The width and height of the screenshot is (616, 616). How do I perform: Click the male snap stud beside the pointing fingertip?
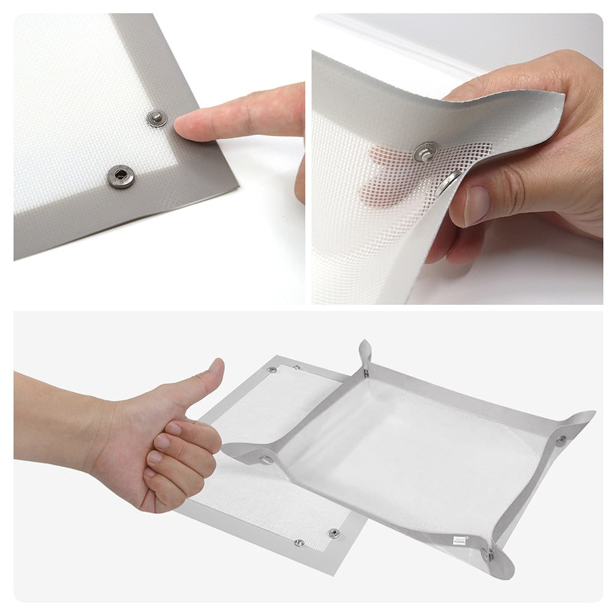click(157, 118)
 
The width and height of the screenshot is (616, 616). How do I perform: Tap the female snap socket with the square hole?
click(120, 176)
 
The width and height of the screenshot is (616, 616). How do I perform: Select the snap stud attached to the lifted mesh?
click(426, 151)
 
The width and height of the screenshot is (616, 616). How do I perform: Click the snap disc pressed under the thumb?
click(448, 183)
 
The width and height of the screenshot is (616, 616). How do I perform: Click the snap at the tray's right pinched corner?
click(560, 440)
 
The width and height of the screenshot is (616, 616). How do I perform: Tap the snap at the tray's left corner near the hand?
click(267, 459)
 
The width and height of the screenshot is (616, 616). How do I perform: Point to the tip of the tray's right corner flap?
click(593, 413)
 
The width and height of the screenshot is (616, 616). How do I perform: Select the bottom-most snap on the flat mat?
click(299, 542)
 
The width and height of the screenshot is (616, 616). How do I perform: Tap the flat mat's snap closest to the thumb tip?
click(271, 370)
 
